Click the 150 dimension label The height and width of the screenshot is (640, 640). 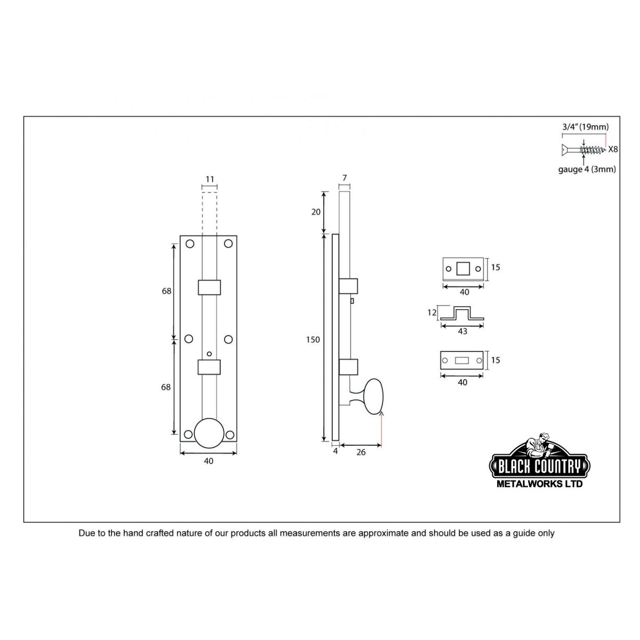[x=313, y=339]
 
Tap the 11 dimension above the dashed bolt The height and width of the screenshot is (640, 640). [x=210, y=179]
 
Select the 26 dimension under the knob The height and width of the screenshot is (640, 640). [x=361, y=452]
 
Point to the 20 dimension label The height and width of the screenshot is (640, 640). [x=316, y=212]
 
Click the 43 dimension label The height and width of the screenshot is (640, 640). [x=462, y=331]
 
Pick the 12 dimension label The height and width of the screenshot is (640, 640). [x=432, y=313]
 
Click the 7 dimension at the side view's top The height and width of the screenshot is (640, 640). [x=345, y=178]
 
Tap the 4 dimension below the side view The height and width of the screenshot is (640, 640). [x=335, y=451]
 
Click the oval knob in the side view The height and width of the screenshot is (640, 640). [x=374, y=396]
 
